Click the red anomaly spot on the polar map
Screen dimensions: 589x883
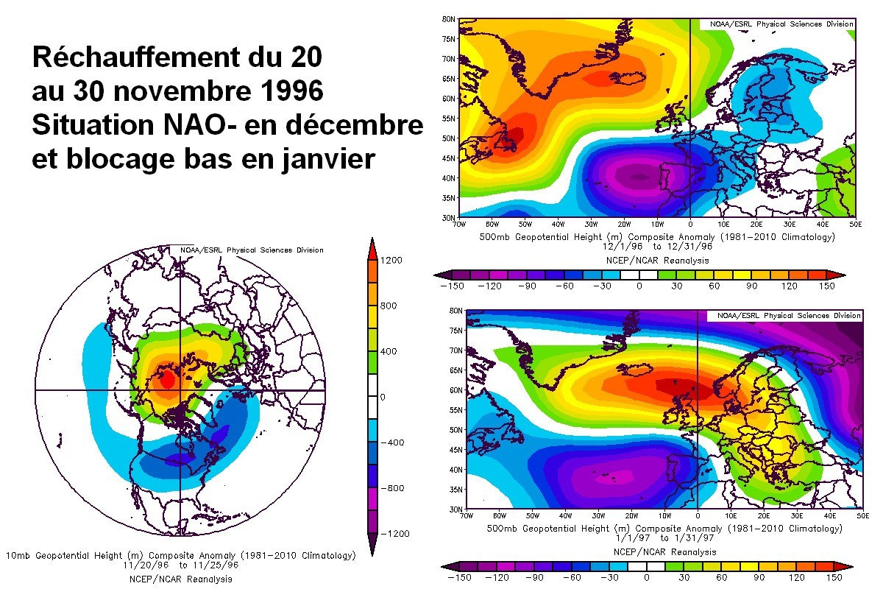(x=167, y=379)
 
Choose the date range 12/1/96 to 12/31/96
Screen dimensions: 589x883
(x=648, y=247)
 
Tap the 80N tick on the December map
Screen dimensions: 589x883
(x=447, y=18)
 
